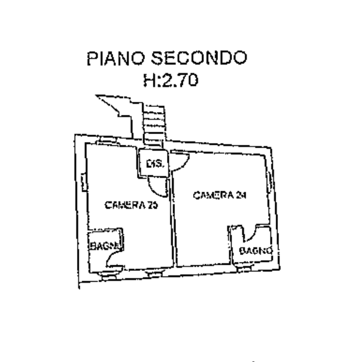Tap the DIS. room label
[154, 164]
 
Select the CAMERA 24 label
[221, 195]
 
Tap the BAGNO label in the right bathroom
[256, 251]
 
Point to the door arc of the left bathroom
[117, 261]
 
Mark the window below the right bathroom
[244, 270]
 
